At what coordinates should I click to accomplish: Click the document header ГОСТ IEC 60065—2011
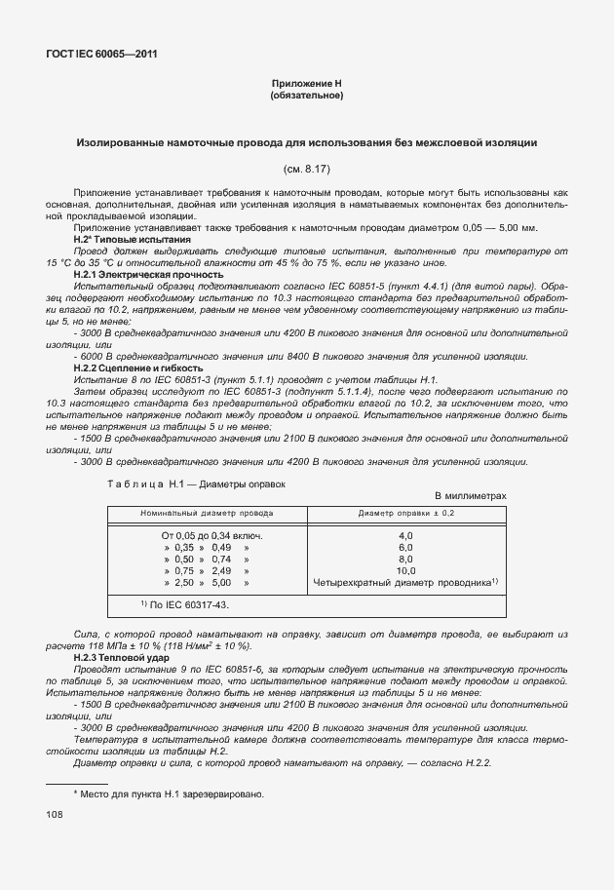coord(101,54)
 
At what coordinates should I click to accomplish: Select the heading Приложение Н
coord(306,85)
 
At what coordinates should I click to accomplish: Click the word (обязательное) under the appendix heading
coord(306,97)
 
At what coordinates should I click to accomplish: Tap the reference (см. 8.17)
coord(306,169)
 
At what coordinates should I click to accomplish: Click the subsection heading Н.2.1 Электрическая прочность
coord(135,276)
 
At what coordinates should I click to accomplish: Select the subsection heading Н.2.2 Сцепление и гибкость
coord(138,368)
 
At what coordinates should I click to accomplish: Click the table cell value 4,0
coord(406,536)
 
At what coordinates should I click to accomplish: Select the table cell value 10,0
coord(406,571)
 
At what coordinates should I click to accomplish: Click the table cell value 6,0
coord(406,548)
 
